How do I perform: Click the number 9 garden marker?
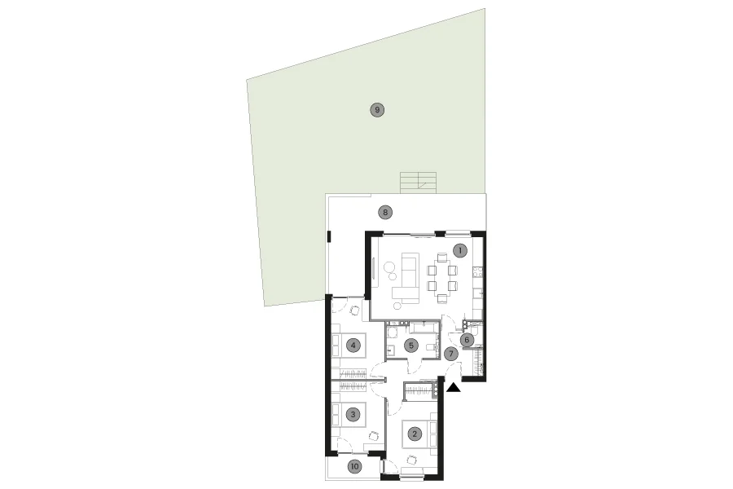[377, 111]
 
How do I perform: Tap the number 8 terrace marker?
[385, 213]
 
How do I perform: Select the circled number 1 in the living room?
[460, 250]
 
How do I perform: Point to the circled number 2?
[415, 434]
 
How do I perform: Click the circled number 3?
[353, 414]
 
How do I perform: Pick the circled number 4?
[353, 346]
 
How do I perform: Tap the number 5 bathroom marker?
[411, 346]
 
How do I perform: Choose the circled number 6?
[467, 340]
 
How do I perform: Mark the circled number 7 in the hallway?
[451, 354]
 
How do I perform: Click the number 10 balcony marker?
[355, 466]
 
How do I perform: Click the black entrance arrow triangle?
[454, 387]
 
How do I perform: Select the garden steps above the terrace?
[419, 183]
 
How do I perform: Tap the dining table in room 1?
[442, 278]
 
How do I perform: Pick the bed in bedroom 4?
[349, 346]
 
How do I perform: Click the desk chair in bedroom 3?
[373, 436]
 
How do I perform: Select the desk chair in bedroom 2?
[412, 460]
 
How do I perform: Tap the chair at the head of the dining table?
[442, 257]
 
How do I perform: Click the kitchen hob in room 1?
[478, 271]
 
